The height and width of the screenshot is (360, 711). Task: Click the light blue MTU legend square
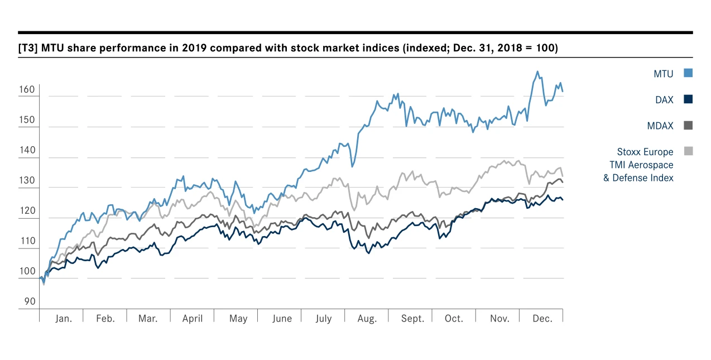pos(688,73)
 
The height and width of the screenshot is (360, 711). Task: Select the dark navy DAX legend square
pos(688,99)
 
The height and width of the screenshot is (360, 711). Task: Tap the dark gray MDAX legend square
pos(688,126)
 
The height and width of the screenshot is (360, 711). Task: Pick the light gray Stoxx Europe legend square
pos(688,151)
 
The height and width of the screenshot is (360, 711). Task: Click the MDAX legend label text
pos(660,126)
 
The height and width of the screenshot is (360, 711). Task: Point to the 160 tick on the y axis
pos(28,90)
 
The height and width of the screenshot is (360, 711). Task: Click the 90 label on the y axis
pos(30,301)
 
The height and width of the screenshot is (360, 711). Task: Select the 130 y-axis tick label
pos(28,181)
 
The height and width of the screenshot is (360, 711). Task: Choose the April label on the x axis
pos(193,319)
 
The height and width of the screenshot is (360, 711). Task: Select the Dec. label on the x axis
pos(542,319)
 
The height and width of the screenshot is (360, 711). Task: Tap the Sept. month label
pos(412,319)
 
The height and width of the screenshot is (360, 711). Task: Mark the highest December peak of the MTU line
pos(537,71)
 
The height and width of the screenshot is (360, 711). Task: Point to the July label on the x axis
pos(323,319)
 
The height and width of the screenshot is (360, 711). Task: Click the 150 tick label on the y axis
pos(28,120)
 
